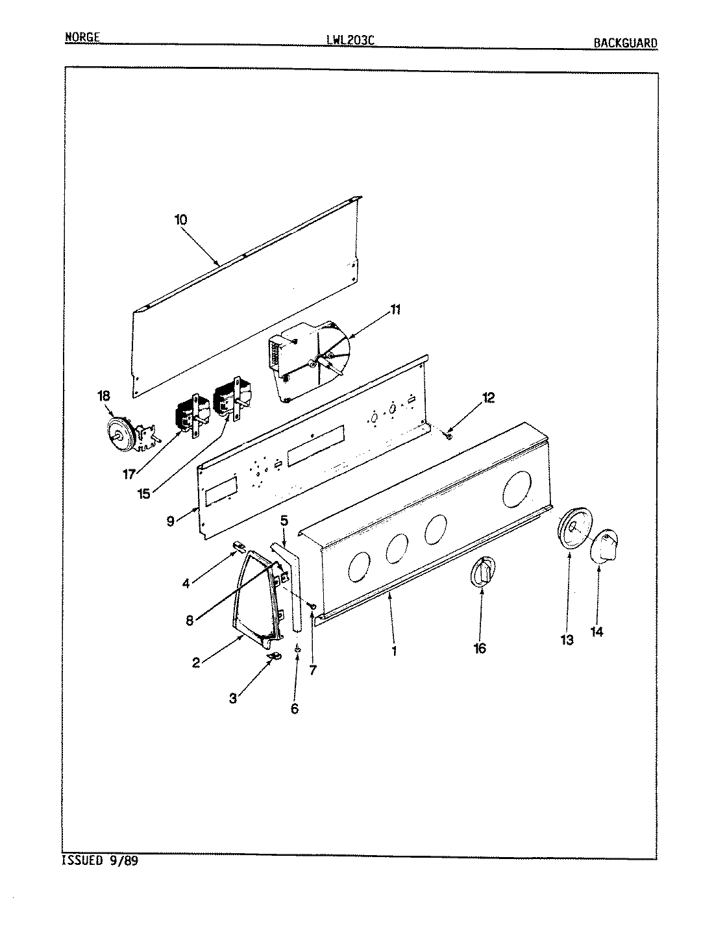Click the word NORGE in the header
(x=82, y=37)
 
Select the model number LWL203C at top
(x=351, y=40)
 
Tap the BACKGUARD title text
(x=625, y=43)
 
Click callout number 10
(x=180, y=219)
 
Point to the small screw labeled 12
(x=449, y=435)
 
